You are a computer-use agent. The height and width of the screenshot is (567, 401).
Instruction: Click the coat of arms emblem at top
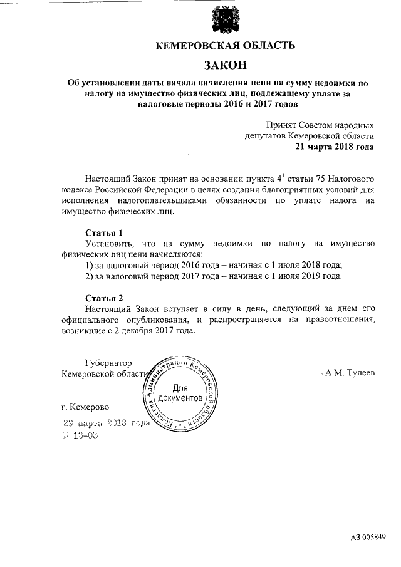click(x=224, y=20)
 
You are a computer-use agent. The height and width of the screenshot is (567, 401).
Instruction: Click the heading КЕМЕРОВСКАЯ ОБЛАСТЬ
click(x=224, y=45)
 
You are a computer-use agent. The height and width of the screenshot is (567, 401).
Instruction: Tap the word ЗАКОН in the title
click(x=224, y=65)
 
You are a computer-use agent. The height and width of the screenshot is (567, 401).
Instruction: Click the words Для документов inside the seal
click(x=180, y=393)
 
